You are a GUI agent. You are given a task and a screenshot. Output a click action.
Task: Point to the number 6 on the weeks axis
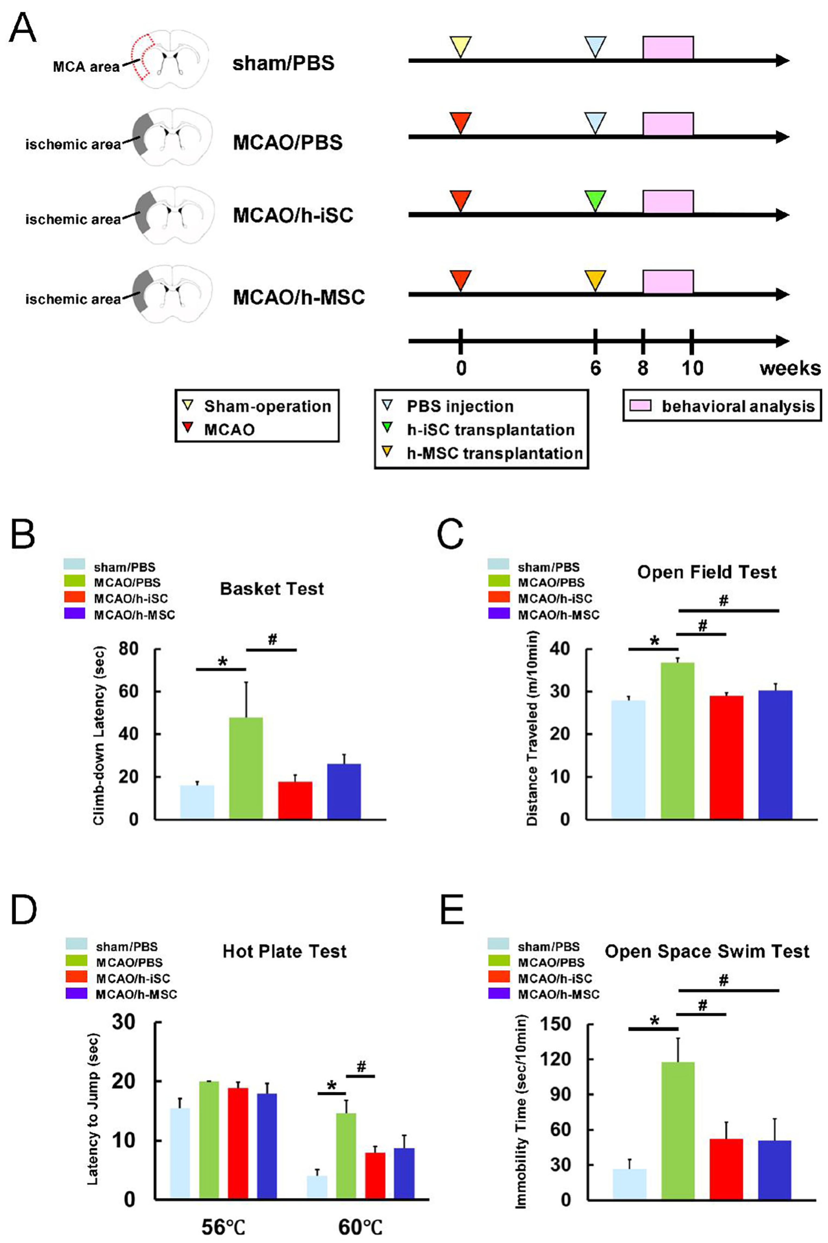point(595,368)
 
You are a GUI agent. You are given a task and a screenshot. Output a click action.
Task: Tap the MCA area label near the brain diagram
point(86,67)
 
